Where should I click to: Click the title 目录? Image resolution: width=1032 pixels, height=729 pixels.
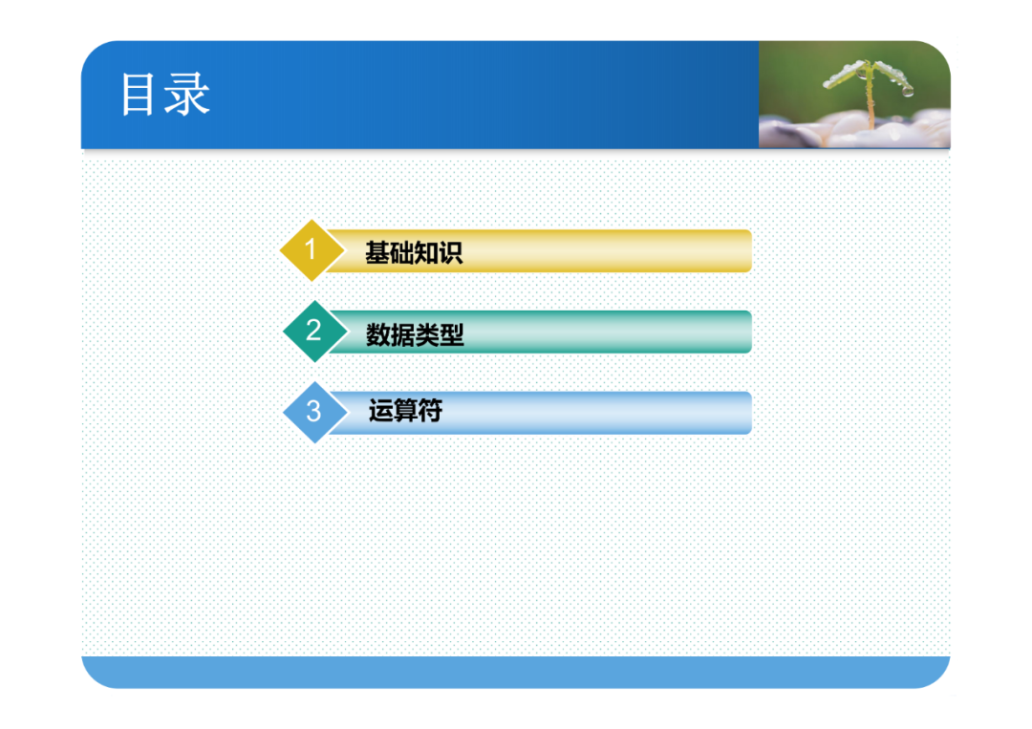coord(165,94)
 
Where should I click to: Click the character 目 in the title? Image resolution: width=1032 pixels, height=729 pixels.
coord(138,94)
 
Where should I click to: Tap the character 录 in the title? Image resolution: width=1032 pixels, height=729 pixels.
coord(187,94)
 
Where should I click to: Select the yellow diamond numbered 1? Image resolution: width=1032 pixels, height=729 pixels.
coord(312,250)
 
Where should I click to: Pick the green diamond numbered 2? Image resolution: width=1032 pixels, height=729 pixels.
coord(314,332)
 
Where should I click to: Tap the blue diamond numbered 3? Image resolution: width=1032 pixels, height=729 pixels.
coord(314,413)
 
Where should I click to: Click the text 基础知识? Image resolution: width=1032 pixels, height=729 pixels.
coord(414,252)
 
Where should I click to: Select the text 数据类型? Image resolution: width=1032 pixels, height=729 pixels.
coord(415,335)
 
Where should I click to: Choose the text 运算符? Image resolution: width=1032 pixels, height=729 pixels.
coord(405,411)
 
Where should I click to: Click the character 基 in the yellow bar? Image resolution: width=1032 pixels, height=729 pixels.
coord(377,252)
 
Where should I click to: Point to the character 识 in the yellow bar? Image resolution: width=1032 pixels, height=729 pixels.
coord(451,252)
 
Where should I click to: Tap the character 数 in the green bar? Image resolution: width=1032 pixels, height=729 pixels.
coord(378,335)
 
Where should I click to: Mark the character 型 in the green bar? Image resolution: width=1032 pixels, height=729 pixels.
coord(452,335)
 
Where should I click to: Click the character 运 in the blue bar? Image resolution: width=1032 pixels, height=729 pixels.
coord(380,411)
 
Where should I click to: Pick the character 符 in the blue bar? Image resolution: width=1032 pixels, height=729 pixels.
coord(430,411)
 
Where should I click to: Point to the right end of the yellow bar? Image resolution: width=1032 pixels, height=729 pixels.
coord(751,250)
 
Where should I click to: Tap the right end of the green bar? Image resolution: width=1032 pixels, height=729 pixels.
coord(751,332)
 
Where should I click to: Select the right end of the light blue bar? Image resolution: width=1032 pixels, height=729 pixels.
coord(751,413)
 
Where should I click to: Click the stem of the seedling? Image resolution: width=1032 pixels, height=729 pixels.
coord(871,102)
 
